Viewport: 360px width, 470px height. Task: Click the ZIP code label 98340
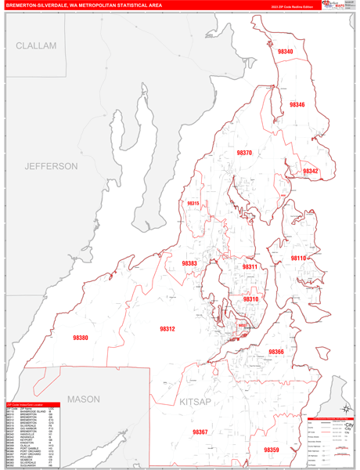(285, 52)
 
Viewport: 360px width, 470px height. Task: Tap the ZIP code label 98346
(297, 105)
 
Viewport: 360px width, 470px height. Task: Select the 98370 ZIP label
(244, 153)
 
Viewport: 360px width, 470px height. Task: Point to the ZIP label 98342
(310, 171)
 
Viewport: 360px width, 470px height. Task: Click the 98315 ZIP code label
(193, 204)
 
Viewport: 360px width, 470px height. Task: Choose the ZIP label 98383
(189, 264)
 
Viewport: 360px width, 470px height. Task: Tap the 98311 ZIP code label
(250, 267)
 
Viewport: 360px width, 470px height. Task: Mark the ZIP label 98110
(298, 258)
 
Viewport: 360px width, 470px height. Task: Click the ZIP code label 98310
(250, 299)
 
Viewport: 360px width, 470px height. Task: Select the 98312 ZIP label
(167, 329)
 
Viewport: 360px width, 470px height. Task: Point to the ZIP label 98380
(81, 338)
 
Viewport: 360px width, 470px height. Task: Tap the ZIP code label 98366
(276, 352)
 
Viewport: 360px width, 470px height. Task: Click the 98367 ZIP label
(200, 432)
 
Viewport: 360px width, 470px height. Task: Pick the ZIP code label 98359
(271, 450)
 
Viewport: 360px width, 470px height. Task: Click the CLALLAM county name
(36, 46)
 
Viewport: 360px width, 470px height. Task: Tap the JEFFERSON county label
(51, 166)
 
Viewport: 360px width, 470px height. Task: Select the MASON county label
(83, 399)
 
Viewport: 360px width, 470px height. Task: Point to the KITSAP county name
(195, 401)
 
